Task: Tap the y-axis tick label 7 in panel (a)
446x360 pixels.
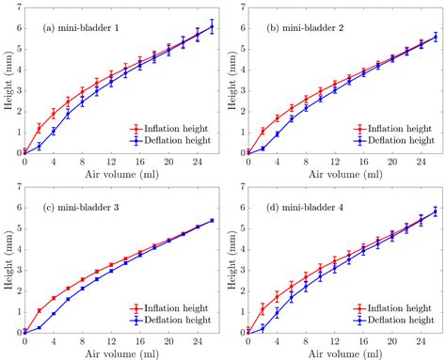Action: coord(21,8)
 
